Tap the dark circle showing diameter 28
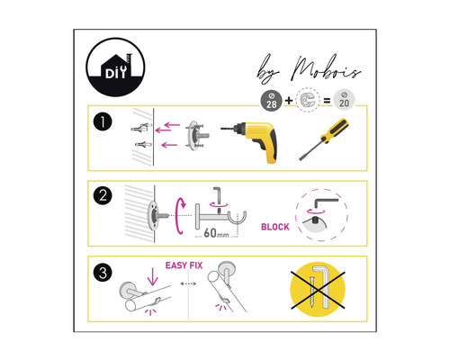[x=269, y=99]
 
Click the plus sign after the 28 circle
[x=287, y=99]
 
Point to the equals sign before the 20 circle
[x=324, y=99]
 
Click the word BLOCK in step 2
[x=274, y=227]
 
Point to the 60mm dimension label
[x=216, y=234]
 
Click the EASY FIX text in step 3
[x=185, y=265]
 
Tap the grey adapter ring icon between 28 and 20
[x=306, y=99]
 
